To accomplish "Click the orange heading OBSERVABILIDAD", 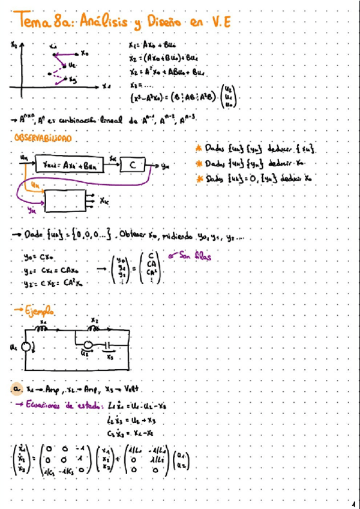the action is [42, 138].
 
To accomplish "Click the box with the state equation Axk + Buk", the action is [70, 164].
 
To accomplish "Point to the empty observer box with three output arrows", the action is [65, 200].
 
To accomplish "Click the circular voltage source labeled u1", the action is [25, 348].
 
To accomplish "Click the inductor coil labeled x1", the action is [44, 330].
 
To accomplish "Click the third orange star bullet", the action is [199, 178].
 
